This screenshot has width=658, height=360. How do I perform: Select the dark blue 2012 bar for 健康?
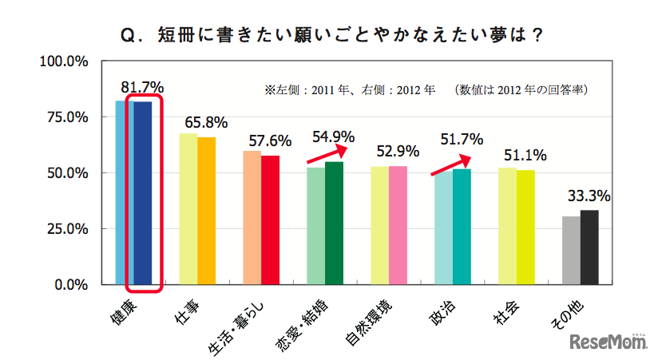(x=143, y=192)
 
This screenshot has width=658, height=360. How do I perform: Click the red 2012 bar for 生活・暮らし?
(x=270, y=220)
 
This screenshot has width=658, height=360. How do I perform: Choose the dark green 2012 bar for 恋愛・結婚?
(x=334, y=223)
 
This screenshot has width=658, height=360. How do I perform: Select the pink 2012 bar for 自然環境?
(x=398, y=225)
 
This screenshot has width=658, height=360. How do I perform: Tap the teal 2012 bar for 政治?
(x=462, y=227)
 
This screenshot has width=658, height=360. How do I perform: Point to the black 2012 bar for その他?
(x=589, y=247)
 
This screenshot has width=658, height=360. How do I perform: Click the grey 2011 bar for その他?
(x=570, y=250)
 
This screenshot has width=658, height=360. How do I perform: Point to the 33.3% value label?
(x=589, y=196)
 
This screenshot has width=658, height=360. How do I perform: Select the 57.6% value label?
(x=270, y=141)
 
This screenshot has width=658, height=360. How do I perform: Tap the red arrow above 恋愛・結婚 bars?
(x=329, y=153)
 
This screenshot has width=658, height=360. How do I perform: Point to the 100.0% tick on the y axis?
(x=63, y=61)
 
